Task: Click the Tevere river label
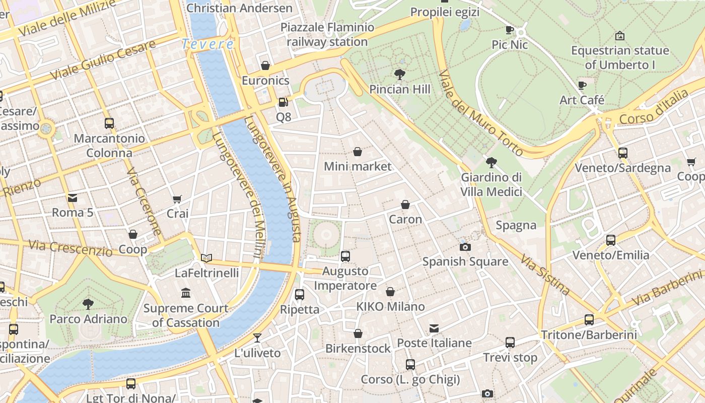point(207,44)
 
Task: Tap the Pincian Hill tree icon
point(400,75)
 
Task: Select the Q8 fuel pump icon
point(284,102)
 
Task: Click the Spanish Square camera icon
point(465,247)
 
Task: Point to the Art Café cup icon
point(582,85)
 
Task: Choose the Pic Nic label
point(510,45)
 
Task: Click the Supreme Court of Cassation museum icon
point(186,293)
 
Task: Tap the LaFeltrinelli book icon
point(206,258)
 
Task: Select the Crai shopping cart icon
point(177,199)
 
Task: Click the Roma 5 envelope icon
point(73,198)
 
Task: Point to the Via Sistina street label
point(545,275)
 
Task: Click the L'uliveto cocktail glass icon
point(257,338)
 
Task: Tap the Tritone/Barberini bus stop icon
point(589,319)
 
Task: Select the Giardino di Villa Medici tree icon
point(491,163)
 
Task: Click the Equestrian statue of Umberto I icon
point(620,36)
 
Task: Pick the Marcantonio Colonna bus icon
point(109,123)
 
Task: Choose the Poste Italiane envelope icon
point(434,328)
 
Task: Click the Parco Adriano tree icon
point(88,304)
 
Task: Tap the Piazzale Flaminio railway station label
point(327,34)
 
